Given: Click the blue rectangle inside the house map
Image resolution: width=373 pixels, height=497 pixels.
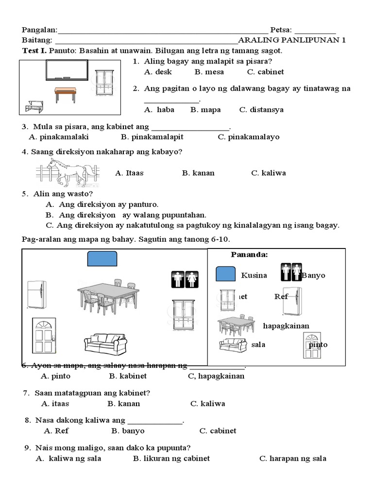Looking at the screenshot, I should pyautogui.click(x=102, y=259).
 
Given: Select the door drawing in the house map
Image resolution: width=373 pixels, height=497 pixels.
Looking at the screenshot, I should pyautogui.click(x=45, y=336).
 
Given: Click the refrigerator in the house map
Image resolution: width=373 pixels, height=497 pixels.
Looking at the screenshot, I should pyautogui.click(x=37, y=295).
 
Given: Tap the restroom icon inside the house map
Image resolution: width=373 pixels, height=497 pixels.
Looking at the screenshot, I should pyautogui.click(x=185, y=279).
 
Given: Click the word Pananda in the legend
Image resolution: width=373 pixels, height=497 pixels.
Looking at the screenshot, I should pyautogui.click(x=249, y=255).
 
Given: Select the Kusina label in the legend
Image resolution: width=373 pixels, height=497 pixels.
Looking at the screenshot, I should pyautogui.click(x=254, y=275).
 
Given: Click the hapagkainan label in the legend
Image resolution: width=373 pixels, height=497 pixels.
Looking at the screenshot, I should pyautogui.click(x=286, y=325).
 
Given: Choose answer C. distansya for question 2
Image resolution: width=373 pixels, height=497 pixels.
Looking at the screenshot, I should pyautogui.click(x=261, y=110).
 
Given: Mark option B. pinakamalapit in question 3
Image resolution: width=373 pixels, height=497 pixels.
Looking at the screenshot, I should pyautogui.click(x=152, y=137).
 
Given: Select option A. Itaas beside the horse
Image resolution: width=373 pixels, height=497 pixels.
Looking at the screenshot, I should pyautogui.click(x=129, y=173).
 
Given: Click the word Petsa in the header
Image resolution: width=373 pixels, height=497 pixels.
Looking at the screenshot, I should pyautogui.click(x=282, y=30).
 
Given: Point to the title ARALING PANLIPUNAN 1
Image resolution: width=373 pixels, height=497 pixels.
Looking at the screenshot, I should pyautogui.click(x=292, y=40).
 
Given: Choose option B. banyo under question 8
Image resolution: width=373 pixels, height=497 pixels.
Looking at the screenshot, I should pyautogui.click(x=128, y=431).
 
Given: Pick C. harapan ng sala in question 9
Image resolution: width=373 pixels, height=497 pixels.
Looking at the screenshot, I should pyautogui.click(x=292, y=458).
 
